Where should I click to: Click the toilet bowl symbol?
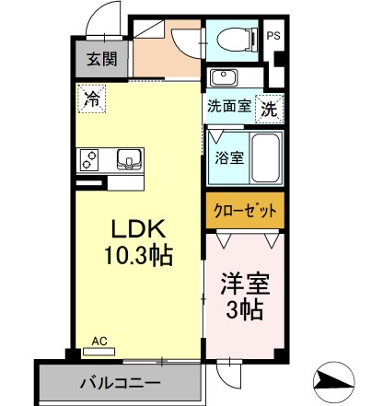[x=238, y=39]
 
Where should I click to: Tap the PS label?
[x=273, y=36]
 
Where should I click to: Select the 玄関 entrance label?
[x=102, y=59]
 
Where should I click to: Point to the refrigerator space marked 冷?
[x=92, y=99]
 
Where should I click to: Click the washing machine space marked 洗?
[x=269, y=109]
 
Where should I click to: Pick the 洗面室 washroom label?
[x=229, y=106]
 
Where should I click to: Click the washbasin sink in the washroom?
[x=224, y=77]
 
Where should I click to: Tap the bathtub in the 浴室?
[x=265, y=158]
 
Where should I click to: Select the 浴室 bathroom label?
[x=229, y=158]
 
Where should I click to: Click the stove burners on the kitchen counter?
[x=89, y=160]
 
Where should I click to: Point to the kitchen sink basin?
[x=130, y=159]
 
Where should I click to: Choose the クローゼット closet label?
[x=245, y=211]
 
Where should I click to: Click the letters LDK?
[x=139, y=229]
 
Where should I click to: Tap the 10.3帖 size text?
[x=139, y=255]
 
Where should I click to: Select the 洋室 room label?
[x=245, y=284]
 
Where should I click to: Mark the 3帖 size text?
[x=245, y=310]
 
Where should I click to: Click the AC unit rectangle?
[x=99, y=352]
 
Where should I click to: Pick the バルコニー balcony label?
[x=121, y=383]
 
